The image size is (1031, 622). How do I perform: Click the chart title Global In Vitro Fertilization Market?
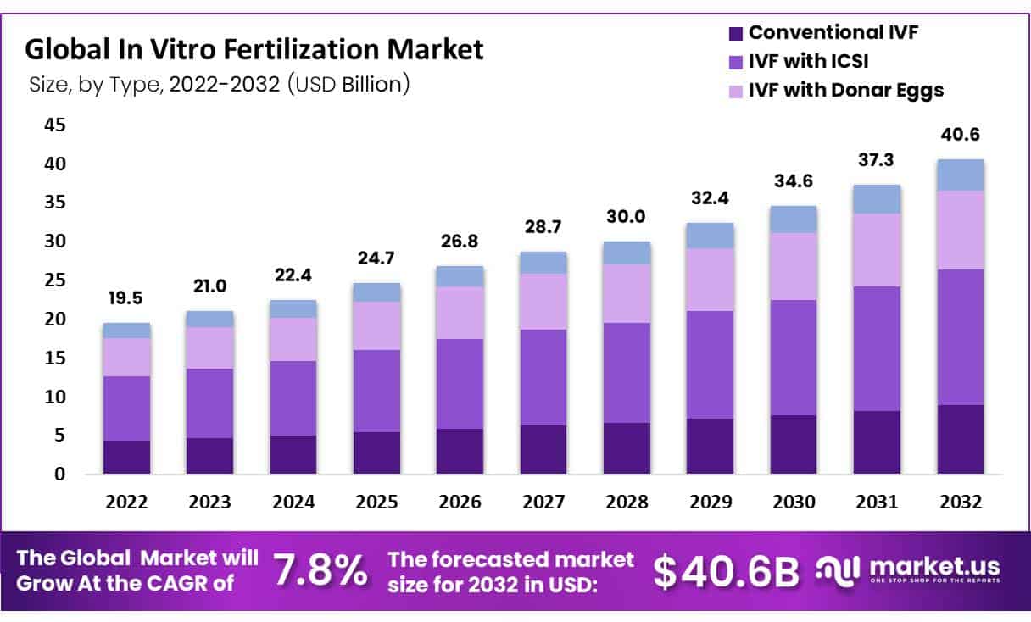tap(254, 49)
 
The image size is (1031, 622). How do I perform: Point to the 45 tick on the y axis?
tap(53, 125)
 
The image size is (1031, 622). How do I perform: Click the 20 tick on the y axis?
tap(53, 319)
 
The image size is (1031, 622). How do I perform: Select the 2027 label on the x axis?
tap(543, 502)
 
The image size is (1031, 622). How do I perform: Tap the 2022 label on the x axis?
tap(126, 502)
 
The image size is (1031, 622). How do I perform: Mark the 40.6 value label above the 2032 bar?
tap(960, 136)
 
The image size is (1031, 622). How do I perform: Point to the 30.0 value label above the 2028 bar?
tap(627, 217)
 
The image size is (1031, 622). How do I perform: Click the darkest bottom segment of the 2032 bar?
tap(960, 439)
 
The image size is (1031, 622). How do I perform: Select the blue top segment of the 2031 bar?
tap(876, 199)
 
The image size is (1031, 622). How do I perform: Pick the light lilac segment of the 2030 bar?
tap(793, 266)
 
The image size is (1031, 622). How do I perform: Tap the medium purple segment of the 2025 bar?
tap(376, 391)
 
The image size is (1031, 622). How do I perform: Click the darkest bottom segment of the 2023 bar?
tap(209, 455)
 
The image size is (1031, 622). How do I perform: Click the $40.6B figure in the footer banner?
tap(727, 572)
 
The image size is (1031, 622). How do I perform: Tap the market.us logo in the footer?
tap(907, 569)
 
